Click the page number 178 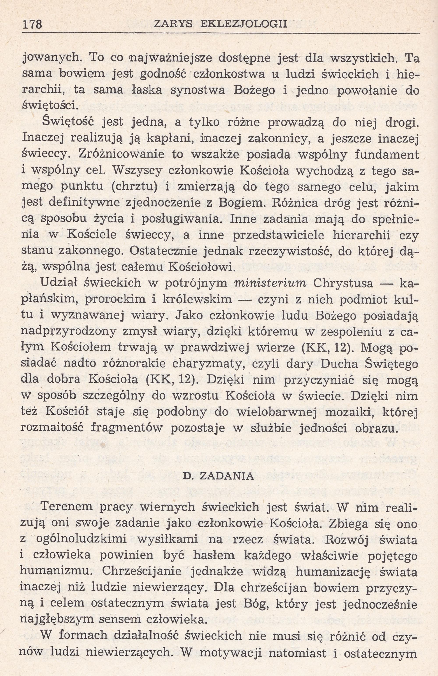32,25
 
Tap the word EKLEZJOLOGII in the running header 244,24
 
